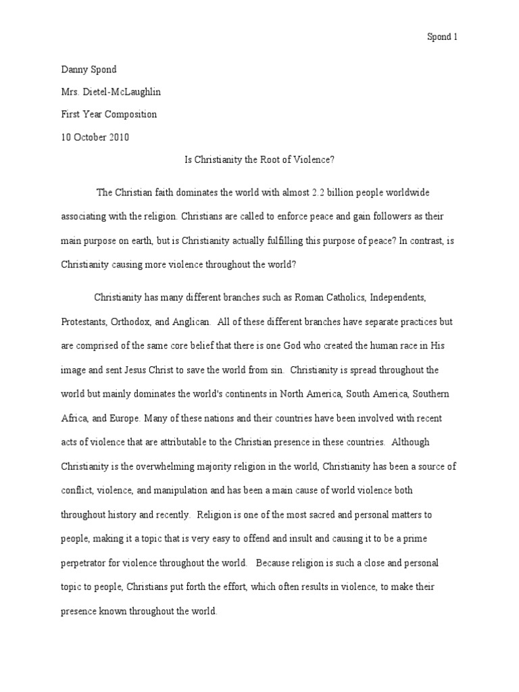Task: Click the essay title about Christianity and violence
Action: pyautogui.click(x=259, y=160)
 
